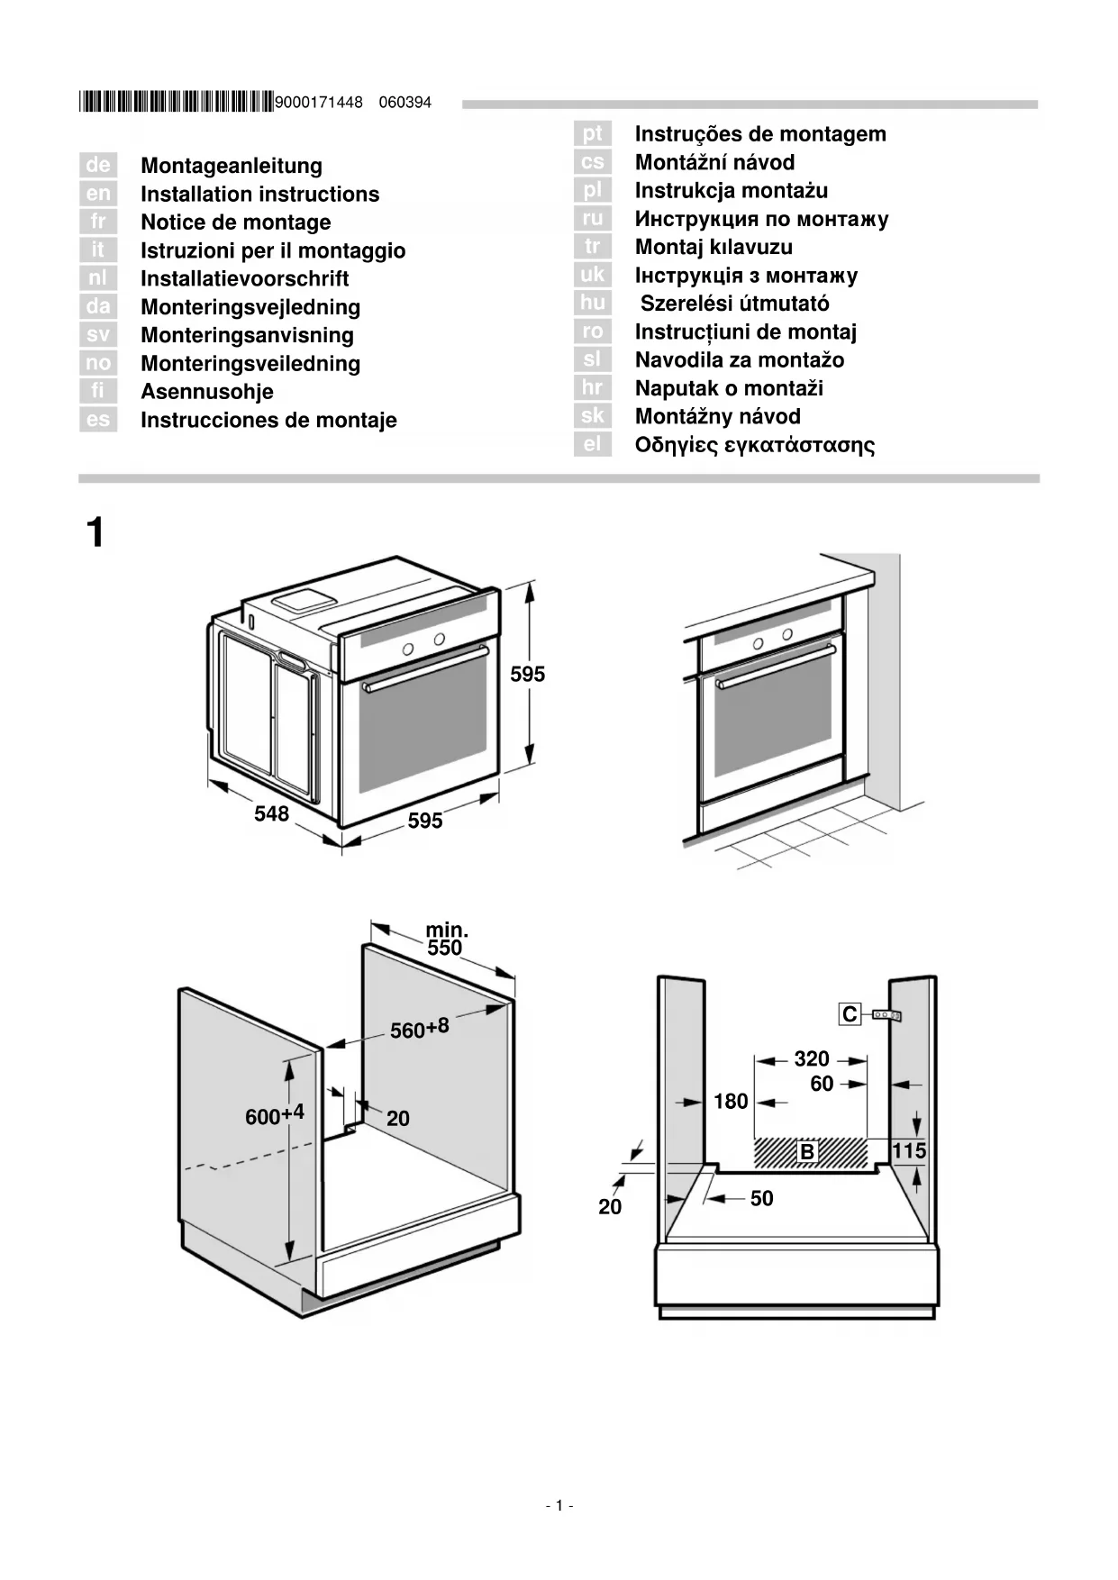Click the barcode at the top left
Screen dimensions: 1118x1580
176,102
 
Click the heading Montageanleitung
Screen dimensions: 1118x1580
232,166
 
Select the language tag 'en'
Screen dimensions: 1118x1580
98,194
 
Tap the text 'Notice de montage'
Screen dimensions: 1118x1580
236,222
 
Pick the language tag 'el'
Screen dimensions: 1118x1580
593,444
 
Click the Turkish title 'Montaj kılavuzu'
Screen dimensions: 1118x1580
714,247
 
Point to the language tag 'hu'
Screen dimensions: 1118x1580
593,303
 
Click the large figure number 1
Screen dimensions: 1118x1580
95,532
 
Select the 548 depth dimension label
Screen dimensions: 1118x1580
271,813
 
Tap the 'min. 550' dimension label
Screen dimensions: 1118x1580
446,939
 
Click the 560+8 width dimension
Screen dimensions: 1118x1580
419,1028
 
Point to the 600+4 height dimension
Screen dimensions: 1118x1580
275,1115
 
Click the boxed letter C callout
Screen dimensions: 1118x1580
850,1014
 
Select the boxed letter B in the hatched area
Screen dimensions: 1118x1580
807,1151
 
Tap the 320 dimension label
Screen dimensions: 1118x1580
811,1058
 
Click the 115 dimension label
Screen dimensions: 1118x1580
909,1150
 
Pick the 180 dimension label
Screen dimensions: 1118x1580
731,1101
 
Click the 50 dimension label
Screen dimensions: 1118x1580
762,1198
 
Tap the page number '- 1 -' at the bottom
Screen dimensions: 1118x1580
559,1505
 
